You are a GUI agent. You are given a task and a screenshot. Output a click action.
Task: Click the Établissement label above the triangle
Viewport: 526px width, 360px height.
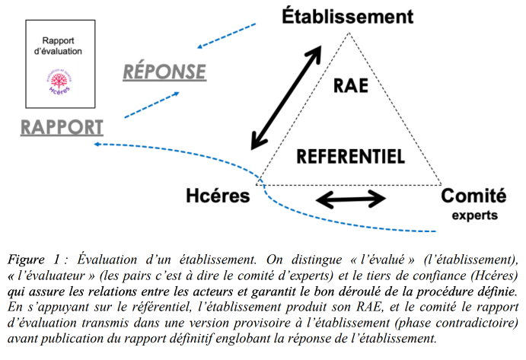(x=348, y=17)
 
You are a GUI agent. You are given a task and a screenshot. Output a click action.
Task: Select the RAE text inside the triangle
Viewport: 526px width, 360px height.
(x=351, y=85)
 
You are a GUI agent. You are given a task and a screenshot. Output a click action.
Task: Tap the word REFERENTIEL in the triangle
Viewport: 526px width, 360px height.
(x=351, y=156)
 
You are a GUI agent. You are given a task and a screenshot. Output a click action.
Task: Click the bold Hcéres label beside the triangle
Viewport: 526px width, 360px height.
(x=218, y=196)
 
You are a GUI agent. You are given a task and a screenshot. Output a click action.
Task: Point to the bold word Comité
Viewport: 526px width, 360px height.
(x=473, y=196)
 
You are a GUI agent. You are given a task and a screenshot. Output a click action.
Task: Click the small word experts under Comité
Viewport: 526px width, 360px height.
(x=475, y=215)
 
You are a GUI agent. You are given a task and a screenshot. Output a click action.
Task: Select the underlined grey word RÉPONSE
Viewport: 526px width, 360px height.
(x=164, y=71)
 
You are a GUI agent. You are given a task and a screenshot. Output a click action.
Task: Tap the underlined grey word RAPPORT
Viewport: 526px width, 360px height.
(x=62, y=128)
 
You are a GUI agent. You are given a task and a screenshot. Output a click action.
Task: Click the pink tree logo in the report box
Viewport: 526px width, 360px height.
(x=59, y=81)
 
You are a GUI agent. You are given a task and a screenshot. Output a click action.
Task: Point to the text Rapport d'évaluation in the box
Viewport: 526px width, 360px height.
(x=58, y=46)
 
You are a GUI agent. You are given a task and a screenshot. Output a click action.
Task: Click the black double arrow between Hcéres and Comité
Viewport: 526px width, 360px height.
(x=351, y=199)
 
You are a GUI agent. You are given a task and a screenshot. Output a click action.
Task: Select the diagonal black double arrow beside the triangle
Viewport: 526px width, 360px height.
(x=286, y=97)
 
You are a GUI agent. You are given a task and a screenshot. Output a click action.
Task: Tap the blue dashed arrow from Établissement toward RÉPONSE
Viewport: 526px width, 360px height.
(x=226, y=36)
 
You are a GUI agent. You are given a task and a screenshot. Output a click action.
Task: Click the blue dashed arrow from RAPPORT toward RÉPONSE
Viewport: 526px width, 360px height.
(x=152, y=105)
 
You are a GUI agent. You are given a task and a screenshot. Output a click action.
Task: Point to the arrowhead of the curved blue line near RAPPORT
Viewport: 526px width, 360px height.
(x=97, y=145)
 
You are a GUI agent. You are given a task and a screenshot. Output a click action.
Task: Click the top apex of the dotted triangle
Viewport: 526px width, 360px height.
(x=349, y=33)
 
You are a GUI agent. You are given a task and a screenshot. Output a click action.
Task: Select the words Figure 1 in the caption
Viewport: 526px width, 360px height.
(x=33, y=260)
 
